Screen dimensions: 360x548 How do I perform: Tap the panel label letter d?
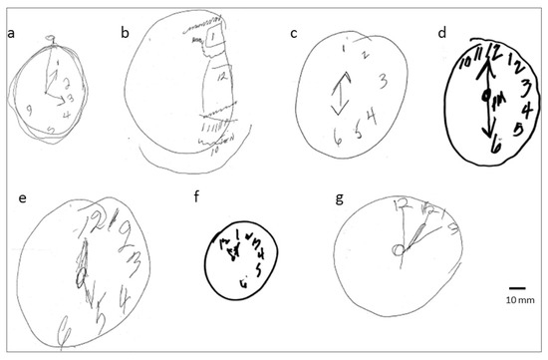click(x=443, y=32)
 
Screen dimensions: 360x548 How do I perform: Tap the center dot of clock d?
click(x=485, y=96)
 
